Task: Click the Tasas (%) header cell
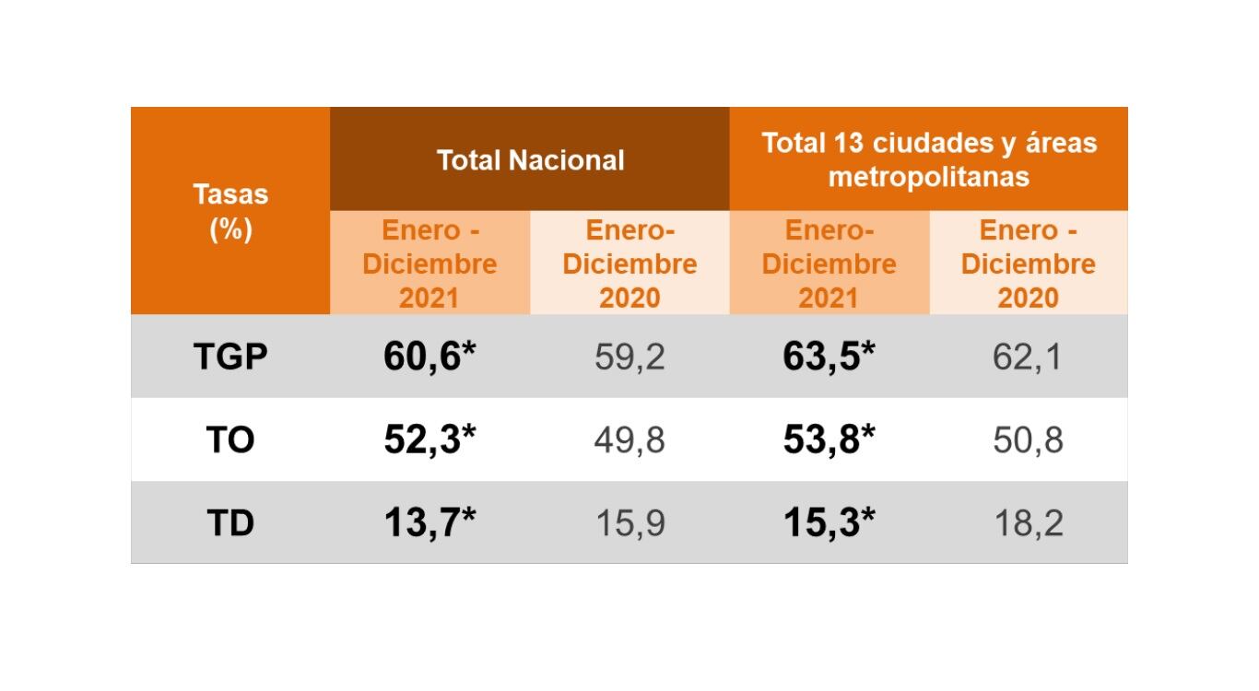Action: coord(230,211)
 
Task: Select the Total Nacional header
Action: coord(530,159)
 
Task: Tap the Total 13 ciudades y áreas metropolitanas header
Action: coord(928,159)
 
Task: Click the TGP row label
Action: coord(230,357)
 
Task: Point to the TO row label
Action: coord(230,439)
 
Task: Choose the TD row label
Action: coord(230,522)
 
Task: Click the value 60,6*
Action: coord(429,357)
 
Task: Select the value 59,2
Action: coord(629,357)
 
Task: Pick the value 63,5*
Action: coord(829,357)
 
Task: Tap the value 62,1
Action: coord(1028,357)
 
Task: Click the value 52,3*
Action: coord(429,439)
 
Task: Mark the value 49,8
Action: coord(629,439)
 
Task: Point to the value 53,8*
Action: coord(829,439)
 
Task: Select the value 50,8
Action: coord(1028,439)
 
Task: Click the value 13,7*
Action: coord(429,522)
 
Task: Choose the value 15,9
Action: coord(629,522)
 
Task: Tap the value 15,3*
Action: coord(829,522)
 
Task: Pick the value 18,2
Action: coord(1028,522)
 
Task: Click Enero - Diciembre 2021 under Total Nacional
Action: coord(429,264)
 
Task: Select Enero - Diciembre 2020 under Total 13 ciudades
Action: coord(1028,264)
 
